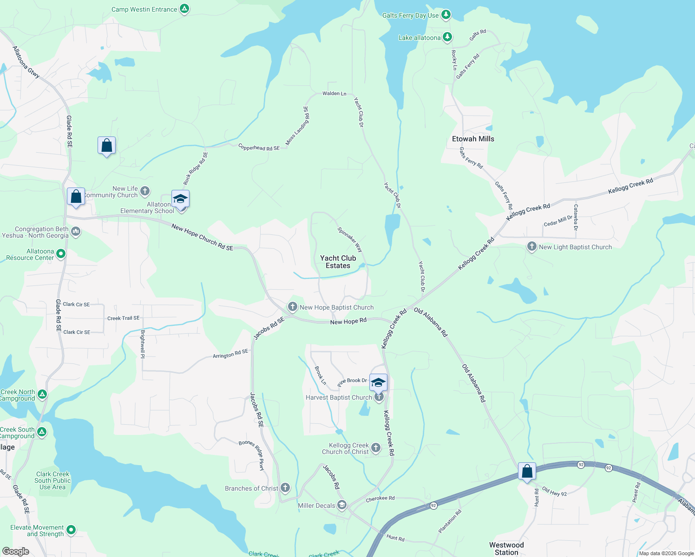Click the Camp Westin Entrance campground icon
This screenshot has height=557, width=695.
click(x=184, y=9)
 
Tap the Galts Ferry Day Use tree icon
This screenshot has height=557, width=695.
click(x=446, y=15)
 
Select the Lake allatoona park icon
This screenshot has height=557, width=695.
click(x=447, y=37)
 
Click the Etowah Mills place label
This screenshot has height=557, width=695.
click(x=473, y=139)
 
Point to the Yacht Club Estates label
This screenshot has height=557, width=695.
click(x=338, y=262)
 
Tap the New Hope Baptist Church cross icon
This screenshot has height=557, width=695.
click(x=292, y=306)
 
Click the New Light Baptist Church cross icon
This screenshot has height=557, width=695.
click(x=532, y=246)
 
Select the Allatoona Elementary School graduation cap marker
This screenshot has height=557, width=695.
click(x=180, y=199)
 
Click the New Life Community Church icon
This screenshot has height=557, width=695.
click(x=145, y=191)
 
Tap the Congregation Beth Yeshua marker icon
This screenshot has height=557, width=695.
click(x=76, y=231)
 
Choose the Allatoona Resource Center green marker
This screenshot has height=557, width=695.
click(x=61, y=253)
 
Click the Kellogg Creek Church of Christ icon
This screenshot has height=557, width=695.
click(x=376, y=447)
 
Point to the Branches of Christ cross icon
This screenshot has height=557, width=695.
click(x=285, y=487)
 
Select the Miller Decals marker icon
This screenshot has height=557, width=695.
click(x=342, y=505)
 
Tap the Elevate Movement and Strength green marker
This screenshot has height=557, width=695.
click(x=71, y=530)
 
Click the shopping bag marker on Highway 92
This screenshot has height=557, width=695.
click(x=527, y=471)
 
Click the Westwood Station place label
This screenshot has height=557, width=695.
click(x=506, y=549)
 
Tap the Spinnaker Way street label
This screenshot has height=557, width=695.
click(x=350, y=240)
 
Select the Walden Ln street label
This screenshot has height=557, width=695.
click(x=334, y=93)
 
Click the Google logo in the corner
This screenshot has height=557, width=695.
click(x=15, y=551)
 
